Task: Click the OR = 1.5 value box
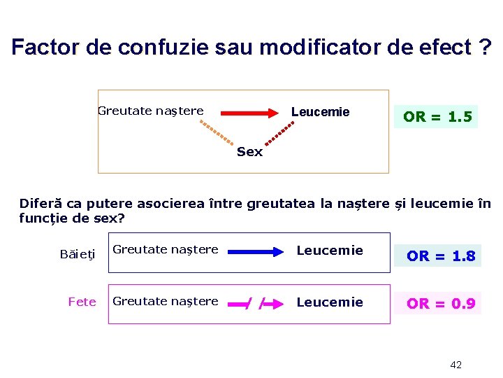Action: (437, 116)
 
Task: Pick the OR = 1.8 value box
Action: (441, 256)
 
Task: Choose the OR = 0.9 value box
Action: (441, 304)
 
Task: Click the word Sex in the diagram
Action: (249, 152)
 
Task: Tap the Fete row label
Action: (82, 302)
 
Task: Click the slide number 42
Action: (455, 365)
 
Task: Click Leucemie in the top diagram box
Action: (320, 112)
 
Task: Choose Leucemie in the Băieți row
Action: (330, 250)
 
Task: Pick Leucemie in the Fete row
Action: (330, 302)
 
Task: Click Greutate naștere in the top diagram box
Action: (150, 111)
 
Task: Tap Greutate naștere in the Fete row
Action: (165, 301)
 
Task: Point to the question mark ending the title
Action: (484, 48)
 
